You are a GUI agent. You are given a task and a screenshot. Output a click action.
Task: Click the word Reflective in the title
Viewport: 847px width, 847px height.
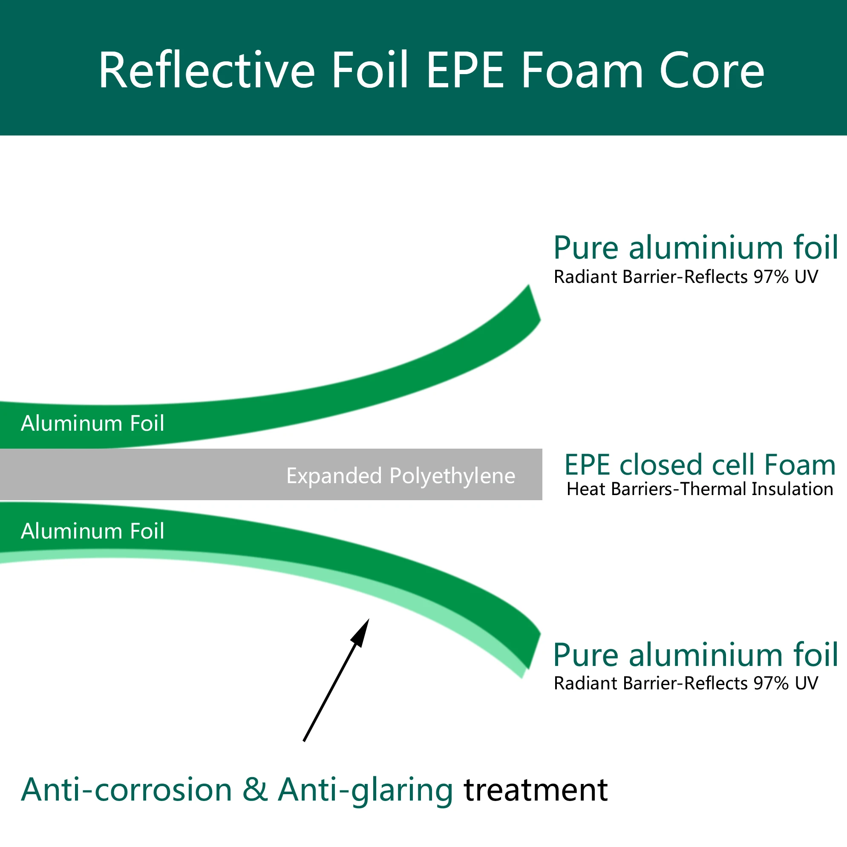tap(207, 70)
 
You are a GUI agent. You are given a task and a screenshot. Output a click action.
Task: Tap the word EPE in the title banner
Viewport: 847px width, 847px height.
tap(465, 70)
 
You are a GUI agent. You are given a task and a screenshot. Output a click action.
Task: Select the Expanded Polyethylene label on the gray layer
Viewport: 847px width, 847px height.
tap(400, 475)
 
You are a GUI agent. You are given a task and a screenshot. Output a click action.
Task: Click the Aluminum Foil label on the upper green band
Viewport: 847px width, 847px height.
tap(92, 423)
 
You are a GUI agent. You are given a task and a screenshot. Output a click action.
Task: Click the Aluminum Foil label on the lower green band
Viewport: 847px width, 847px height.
tap(92, 531)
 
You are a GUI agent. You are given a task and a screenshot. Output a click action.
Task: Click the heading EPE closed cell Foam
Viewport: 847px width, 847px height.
tap(700, 465)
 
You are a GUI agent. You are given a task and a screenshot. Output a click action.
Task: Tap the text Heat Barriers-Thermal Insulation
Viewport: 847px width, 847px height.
tap(700, 489)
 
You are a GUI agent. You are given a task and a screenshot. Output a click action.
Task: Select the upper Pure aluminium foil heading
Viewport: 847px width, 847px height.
tap(696, 248)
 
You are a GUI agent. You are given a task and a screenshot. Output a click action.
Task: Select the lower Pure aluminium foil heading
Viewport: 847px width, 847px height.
tap(696, 655)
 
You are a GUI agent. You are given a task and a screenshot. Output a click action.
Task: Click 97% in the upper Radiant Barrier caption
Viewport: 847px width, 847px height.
tap(771, 277)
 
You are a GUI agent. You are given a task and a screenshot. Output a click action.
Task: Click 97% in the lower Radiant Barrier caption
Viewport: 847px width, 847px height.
tap(771, 683)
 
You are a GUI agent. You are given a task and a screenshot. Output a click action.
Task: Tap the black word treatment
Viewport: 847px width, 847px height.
tap(536, 790)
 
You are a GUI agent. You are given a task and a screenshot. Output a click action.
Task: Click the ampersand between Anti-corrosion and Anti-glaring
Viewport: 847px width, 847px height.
tap(255, 790)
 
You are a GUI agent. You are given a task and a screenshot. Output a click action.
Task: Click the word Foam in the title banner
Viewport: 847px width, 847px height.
tap(582, 70)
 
